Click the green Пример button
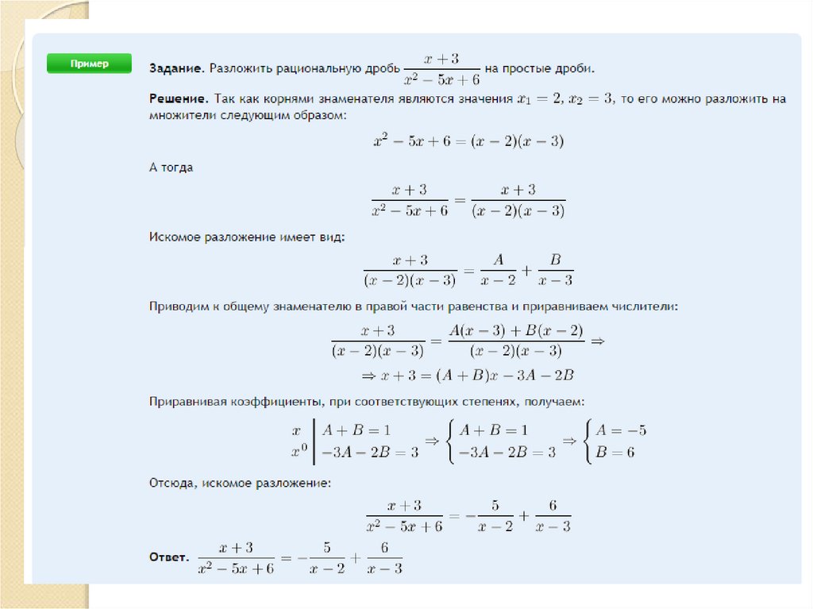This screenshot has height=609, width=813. pos(88,64)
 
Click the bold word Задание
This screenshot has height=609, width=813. pos(175,69)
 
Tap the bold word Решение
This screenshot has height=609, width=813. pos(178,100)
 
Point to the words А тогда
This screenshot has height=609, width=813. pos(171,168)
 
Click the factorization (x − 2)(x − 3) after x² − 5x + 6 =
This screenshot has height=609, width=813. pos(518,141)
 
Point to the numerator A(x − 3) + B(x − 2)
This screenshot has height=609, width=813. pos(516,331)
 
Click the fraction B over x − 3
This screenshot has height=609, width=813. pos(555,270)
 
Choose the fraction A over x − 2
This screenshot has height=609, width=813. pos(499,270)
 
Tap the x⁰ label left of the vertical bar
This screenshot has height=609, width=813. pos(299,453)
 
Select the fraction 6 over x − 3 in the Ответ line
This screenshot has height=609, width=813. pos(384,559)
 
